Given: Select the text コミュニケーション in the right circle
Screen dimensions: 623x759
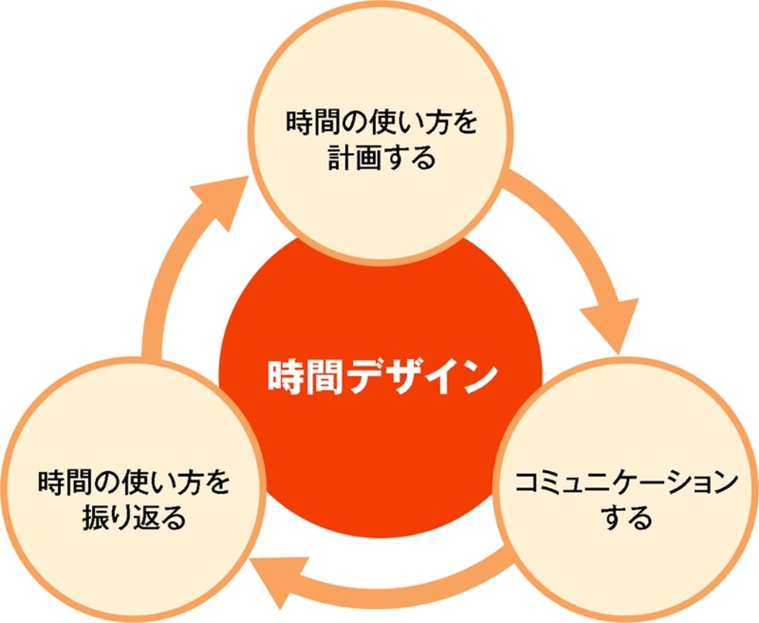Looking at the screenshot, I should tap(625, 481).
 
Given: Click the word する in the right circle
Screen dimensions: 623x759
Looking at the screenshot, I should tap(626, 518).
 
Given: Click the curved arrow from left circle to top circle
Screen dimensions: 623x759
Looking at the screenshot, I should tap(166, 285).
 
